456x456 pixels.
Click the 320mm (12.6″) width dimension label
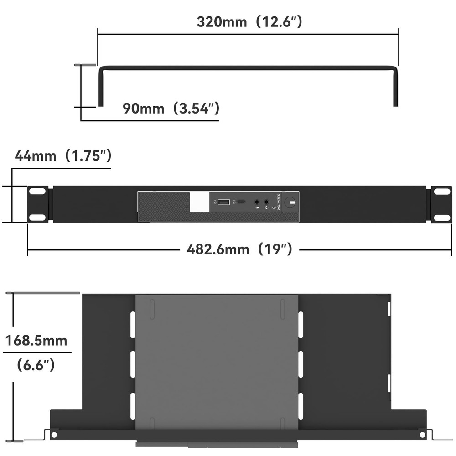click(x=249, y=22)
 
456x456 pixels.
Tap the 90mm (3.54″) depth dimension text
click(x=171, y=109)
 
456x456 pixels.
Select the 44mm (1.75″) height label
click(x=63, y=156)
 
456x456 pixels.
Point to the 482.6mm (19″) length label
click(x=239, y=249)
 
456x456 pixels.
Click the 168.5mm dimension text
click(x=36, y=340)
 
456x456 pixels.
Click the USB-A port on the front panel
click(x=223, y=202)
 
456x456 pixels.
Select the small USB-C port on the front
click(x=241, y=201)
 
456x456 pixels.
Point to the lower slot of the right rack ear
click(x=441, y=217)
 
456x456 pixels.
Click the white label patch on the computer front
click(x=199, y=202)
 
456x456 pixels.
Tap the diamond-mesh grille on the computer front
click(x=163, y=206)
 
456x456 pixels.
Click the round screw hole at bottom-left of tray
click(x=54, y=435)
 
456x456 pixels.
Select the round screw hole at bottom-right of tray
click(x=422, y=435)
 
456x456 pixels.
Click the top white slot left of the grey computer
click(x=133, y=325)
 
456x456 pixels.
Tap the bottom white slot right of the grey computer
click(x=301, y=406)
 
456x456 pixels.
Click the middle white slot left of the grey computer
click(x=133, y=364)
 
